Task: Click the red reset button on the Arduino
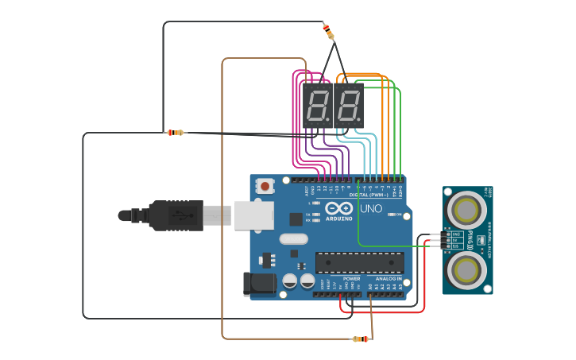264,186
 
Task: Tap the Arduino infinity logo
335,209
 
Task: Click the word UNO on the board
371,208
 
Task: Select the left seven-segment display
316,105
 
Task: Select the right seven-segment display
348,105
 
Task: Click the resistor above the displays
329,32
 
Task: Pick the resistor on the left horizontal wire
175,133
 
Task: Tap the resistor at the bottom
361,339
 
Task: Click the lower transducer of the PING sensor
465,270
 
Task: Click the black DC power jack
258,284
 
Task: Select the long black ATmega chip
359,263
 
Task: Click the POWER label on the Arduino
351,279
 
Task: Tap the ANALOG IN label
389,279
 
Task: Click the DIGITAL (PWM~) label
369,195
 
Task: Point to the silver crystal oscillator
293,238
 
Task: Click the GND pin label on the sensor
457,234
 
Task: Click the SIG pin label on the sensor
457,246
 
